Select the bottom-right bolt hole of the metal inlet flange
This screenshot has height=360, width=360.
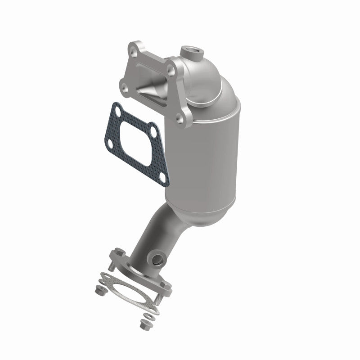180,119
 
